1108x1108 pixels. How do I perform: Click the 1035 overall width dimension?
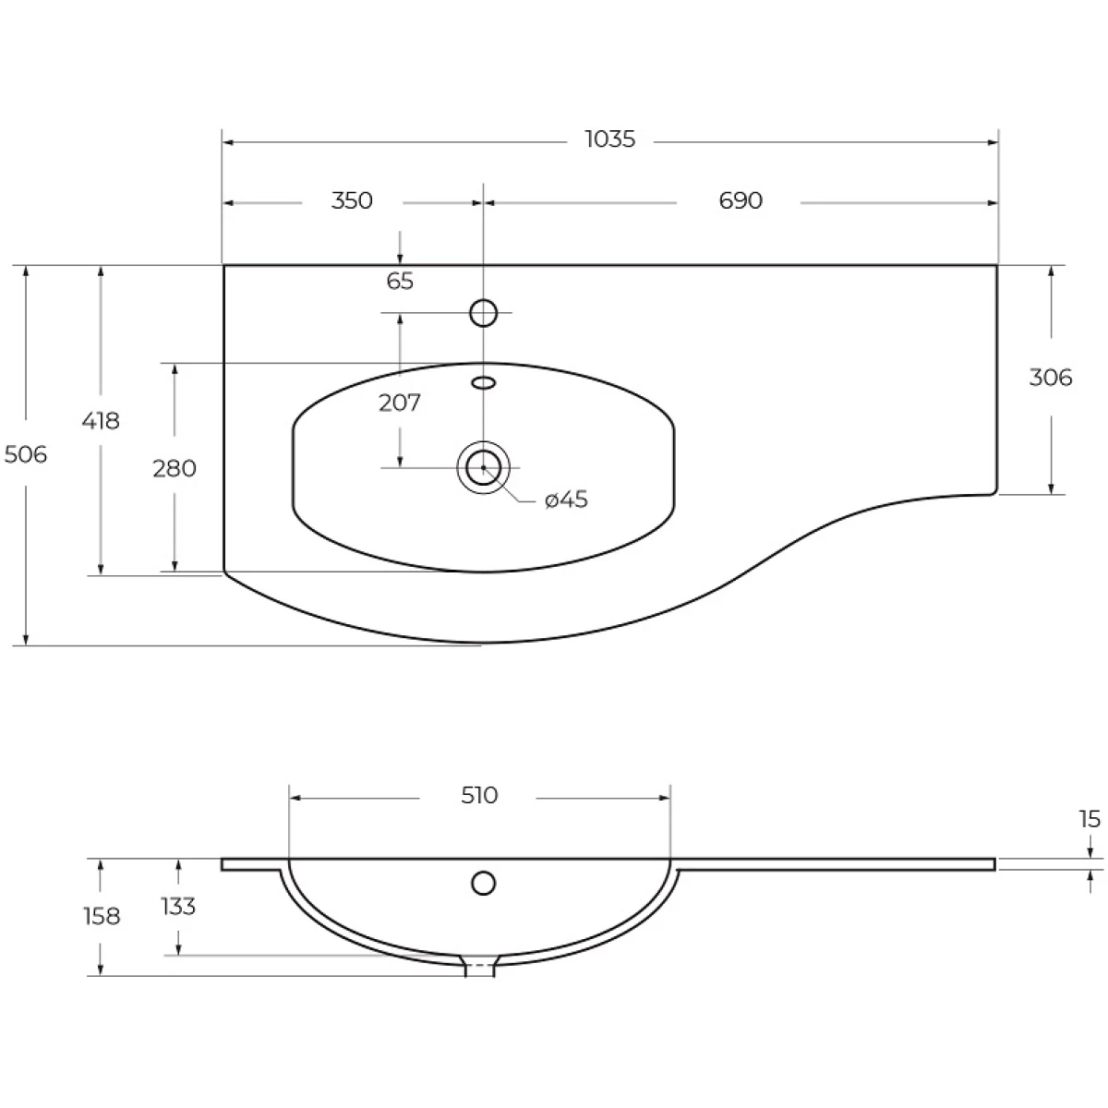610,139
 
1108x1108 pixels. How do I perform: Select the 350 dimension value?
352,200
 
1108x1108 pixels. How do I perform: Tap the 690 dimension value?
741,200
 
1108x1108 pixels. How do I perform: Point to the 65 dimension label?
400,282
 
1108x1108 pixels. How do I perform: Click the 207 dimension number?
400,403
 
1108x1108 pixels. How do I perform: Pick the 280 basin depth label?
175,469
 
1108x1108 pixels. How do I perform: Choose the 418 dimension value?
101,421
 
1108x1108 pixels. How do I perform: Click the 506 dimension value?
26,455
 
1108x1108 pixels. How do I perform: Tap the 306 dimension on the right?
1051,378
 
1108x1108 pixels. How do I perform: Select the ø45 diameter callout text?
566,500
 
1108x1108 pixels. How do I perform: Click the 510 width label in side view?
479,796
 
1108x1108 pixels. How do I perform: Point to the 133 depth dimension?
178,907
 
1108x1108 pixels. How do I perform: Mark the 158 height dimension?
102,917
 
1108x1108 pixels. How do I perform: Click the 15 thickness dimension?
1090,819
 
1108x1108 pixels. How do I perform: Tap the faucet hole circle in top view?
483,313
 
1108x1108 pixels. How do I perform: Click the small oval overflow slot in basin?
483,383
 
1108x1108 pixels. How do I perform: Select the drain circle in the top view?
483,467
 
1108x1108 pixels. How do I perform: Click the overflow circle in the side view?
483,884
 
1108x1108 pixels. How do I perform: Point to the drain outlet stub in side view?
479,967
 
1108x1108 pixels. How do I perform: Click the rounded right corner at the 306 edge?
994,491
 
